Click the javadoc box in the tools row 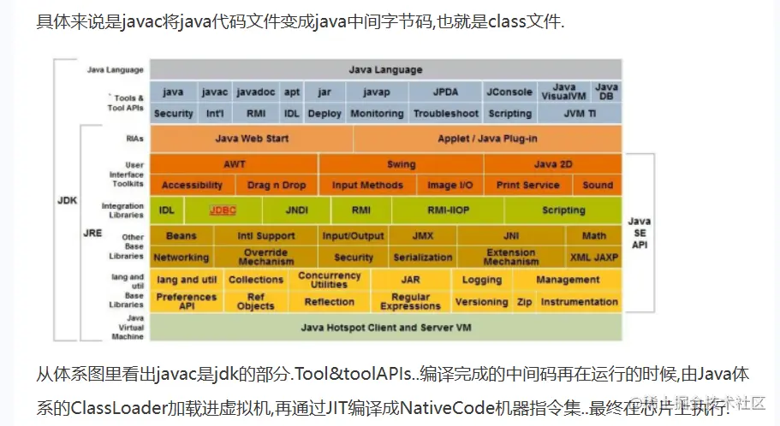pos(255,92)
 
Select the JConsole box pos(509,92)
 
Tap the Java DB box pos(606,92)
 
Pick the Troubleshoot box pos(445,113)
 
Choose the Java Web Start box pos(251,139)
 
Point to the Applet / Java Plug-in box pos(487,139)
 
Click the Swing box pos(401,164)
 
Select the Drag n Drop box pos(277,185)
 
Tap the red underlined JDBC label pos(223,210)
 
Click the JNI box pos(512,235)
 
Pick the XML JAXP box pos(594,257)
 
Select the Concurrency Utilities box pos(330,280)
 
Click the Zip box pos(524,302)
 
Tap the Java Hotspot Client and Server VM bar pos(386,328)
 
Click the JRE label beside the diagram pos(92,231)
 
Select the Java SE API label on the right pos(640,233)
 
